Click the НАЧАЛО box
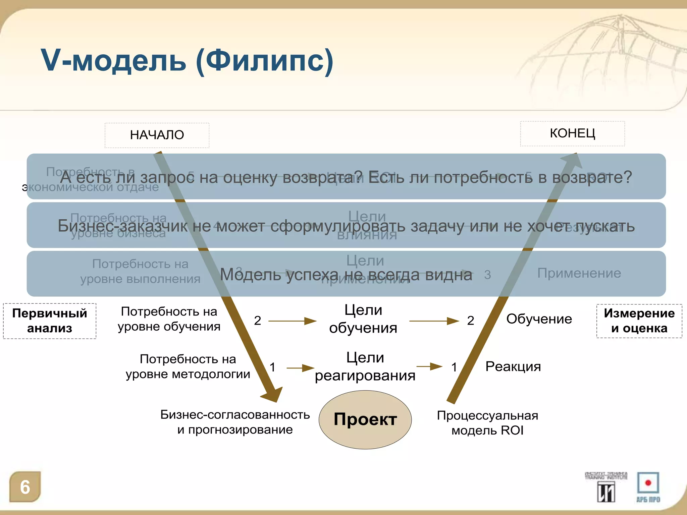pos(157,135)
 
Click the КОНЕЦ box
pos(572,133)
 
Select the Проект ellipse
pos(365,419)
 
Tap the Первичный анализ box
pos(50,321)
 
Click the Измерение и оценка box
pos(639,321)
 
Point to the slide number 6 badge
pos(25,487)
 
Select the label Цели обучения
pos(363,319)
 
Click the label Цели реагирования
pos(365,366)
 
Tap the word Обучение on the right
pos(539,319)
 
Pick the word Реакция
pos(513,366)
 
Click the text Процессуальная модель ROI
pos(487,423)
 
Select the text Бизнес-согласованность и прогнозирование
pos(235,422)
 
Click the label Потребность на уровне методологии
pos(188,366)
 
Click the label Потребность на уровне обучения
pos(169,319)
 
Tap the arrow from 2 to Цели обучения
pos(292,321)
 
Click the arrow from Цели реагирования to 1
pos(429,366)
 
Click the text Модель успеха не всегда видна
pos(346,275)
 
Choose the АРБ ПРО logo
pos(648,487)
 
